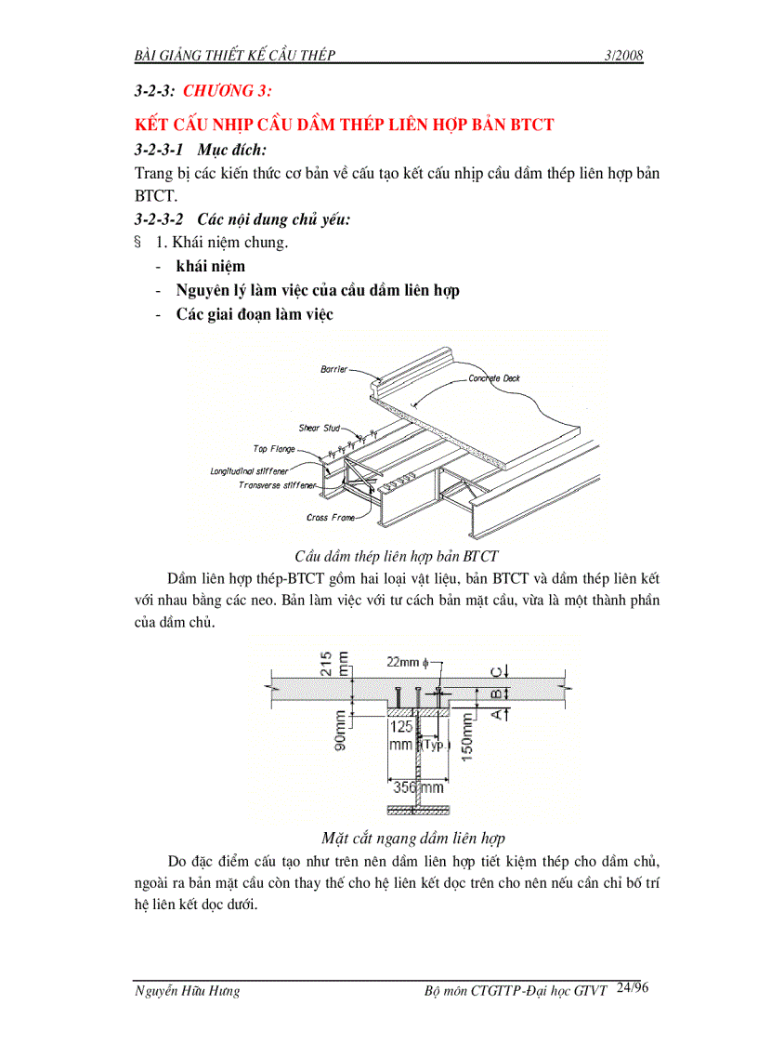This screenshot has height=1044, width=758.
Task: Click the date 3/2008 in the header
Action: click(x=622, y=56)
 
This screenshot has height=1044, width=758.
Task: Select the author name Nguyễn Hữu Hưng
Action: click(x=187, y=991)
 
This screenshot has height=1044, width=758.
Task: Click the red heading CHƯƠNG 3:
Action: click(x=229, y=91)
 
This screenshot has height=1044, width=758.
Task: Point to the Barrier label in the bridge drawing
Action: click(x=333, y=369)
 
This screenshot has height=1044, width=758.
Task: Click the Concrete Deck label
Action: click(x=494, y=379)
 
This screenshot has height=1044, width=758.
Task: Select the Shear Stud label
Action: click(x=319, y=429)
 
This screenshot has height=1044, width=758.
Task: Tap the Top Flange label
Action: click(x=274, y=449)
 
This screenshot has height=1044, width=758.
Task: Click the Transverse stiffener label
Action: click(x=277, y=485)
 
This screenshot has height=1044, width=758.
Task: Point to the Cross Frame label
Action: click(x=327, y=518)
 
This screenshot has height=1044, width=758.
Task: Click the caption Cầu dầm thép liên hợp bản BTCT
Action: click(x=397, y=557)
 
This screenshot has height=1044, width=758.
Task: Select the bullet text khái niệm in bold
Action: click(x=211, y=267)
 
